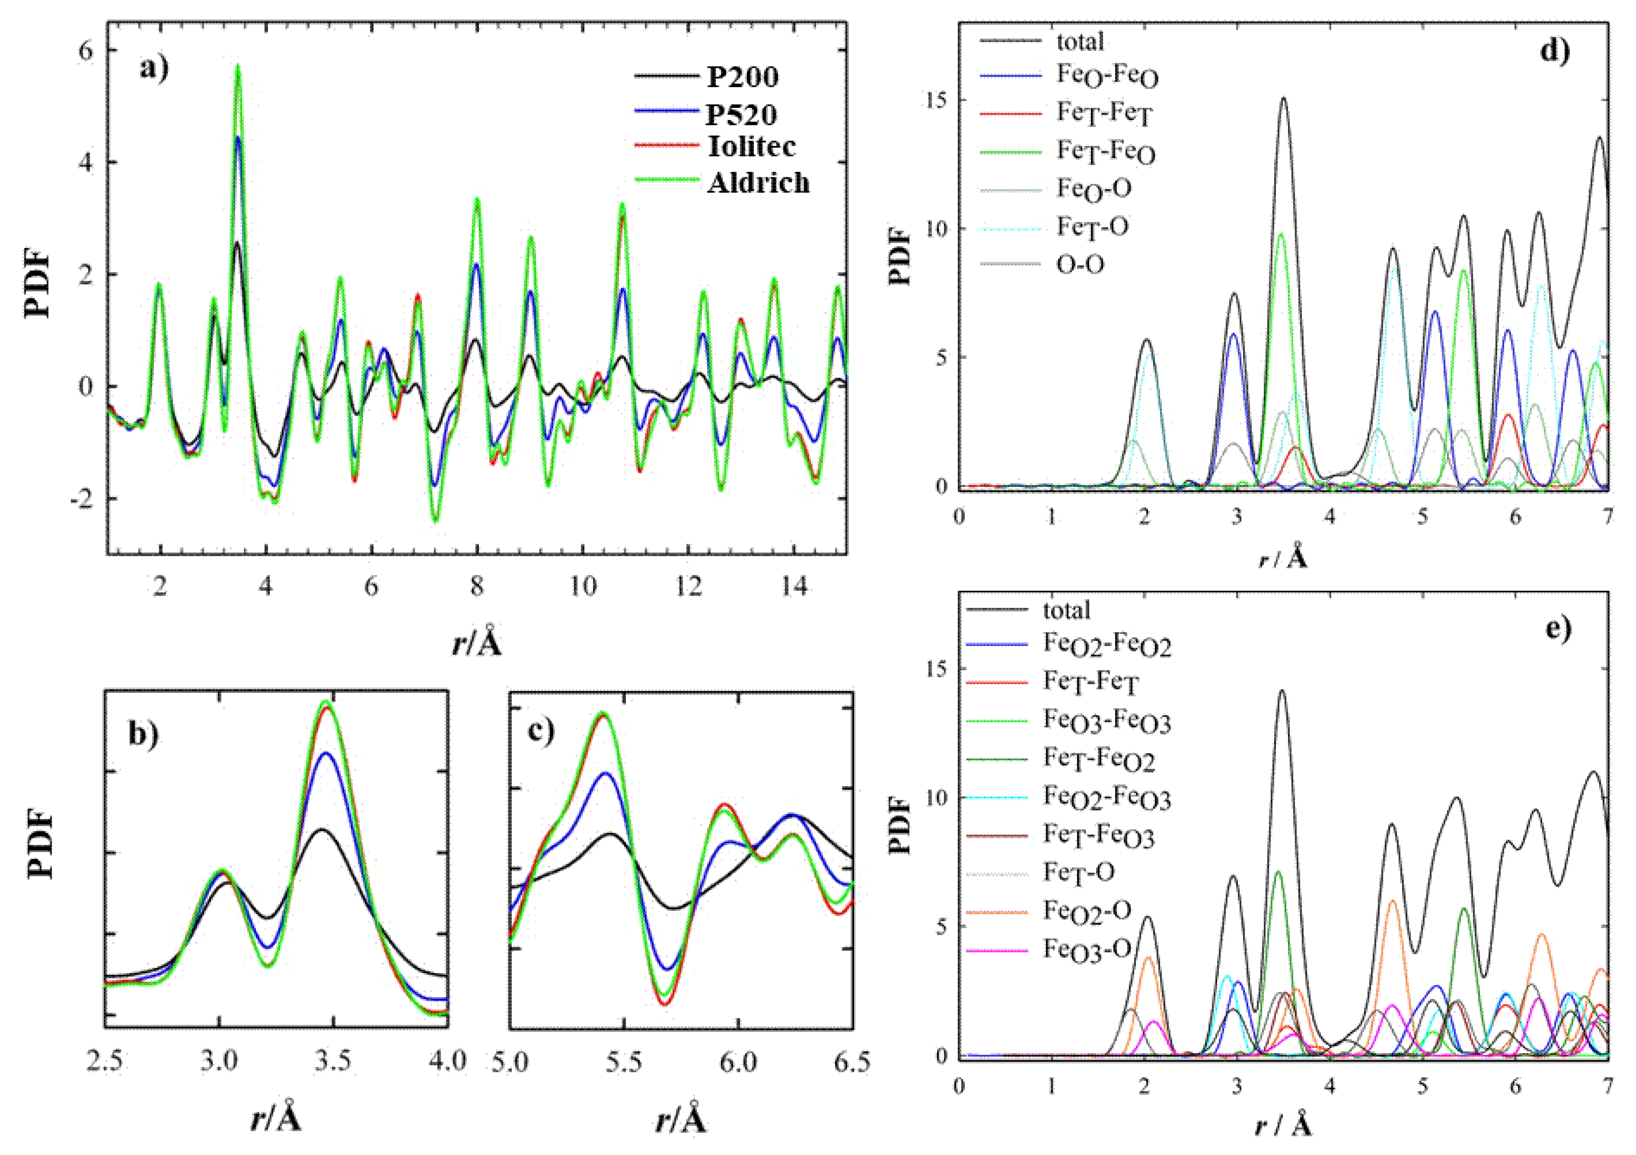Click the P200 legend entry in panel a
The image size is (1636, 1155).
pos(742,77)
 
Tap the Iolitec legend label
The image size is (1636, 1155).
pos(752,146)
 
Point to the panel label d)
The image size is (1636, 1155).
pos(1554,51)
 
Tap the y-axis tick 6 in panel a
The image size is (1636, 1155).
pos(85,51)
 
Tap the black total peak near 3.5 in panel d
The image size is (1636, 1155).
pos(1284,100)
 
